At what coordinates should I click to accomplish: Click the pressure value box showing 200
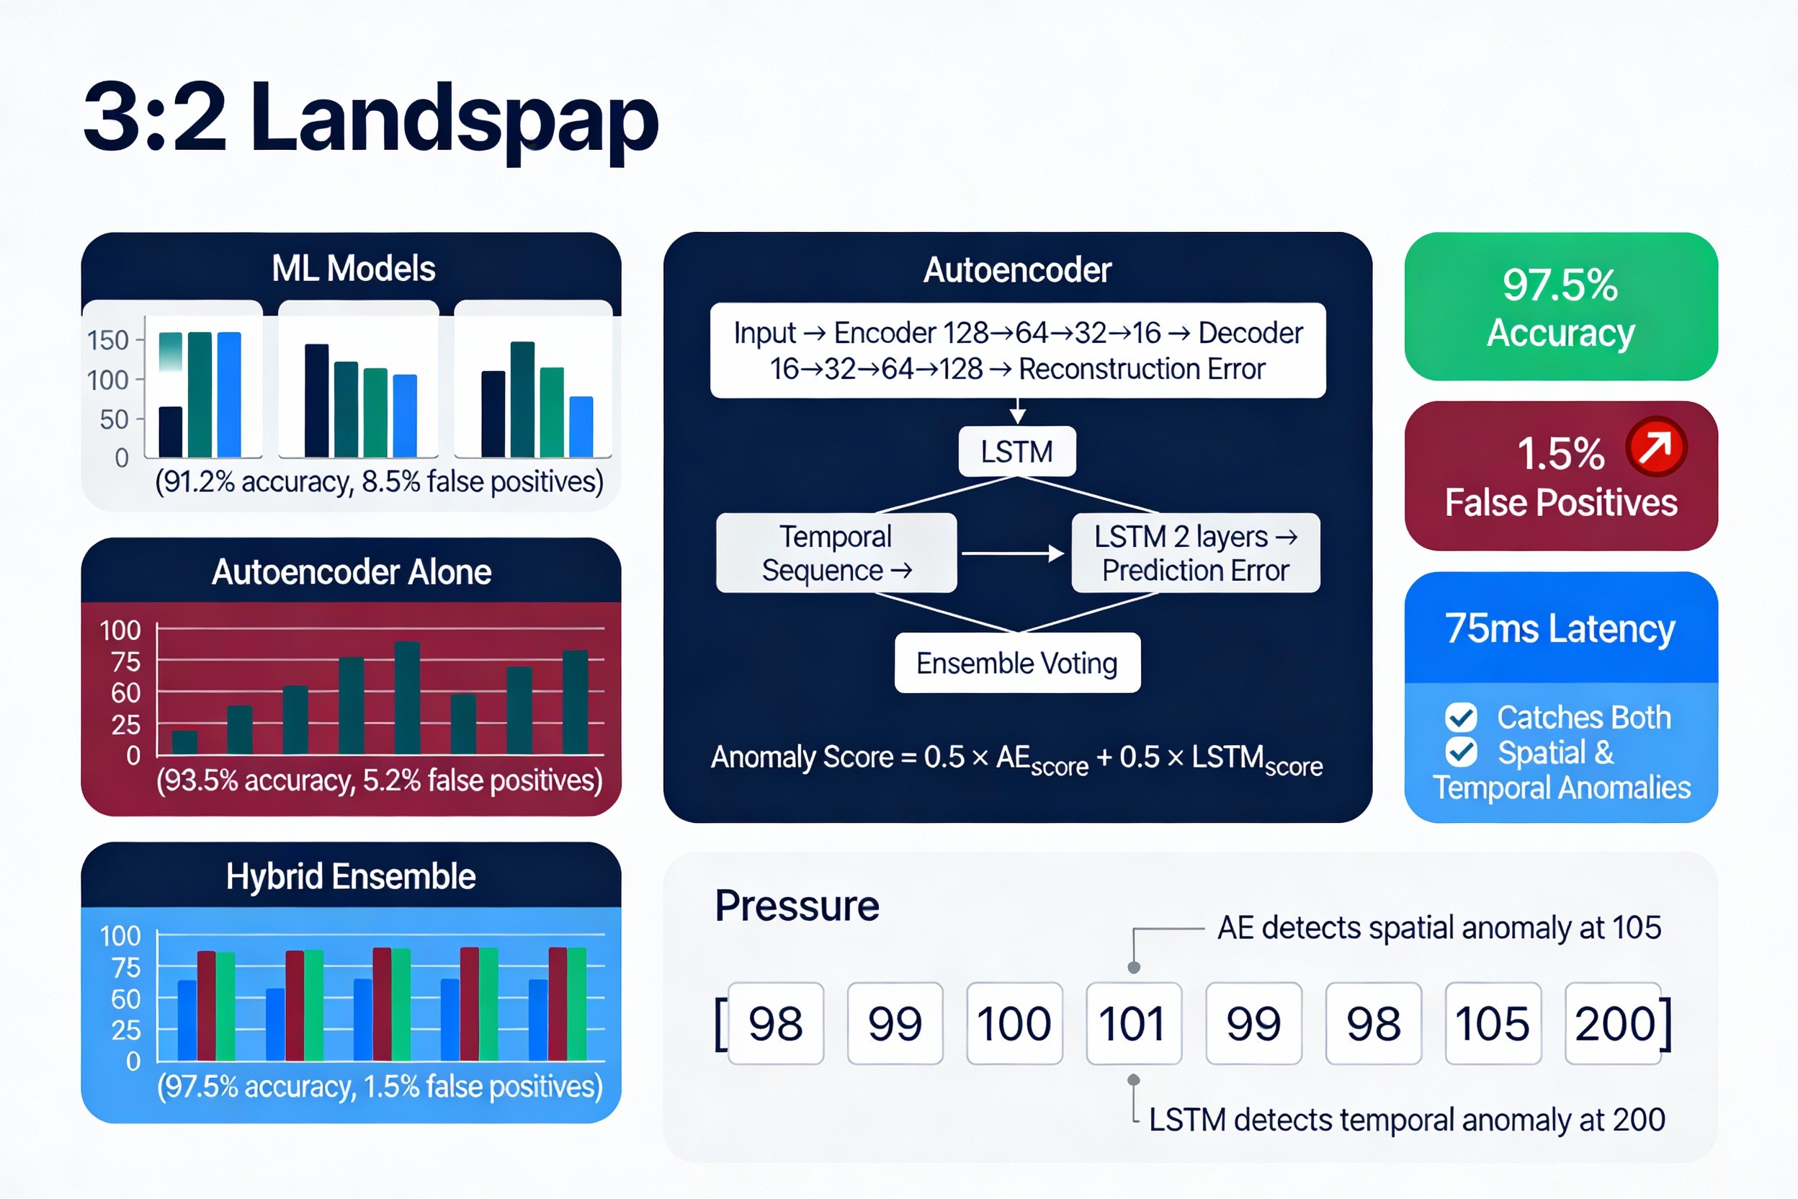1613,1023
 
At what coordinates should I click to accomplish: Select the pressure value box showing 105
1493,1023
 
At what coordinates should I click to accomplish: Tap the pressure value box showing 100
1014,1023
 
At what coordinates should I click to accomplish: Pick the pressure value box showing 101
1134,1023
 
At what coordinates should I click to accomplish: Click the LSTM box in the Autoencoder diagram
1016,451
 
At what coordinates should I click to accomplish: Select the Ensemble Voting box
1017,663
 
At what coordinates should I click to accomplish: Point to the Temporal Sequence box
836,553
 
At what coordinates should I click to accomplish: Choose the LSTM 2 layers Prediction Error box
1196,553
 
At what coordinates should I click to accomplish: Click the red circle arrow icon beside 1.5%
1656,447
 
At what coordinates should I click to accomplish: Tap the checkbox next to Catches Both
1461,717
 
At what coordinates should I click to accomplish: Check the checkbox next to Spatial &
1461,752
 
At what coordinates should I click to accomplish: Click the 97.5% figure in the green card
1560,285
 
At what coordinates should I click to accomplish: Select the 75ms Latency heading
1560,628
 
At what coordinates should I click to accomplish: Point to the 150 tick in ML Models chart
108,340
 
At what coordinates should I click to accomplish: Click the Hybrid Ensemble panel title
351,876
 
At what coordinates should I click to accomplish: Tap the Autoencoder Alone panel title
351,572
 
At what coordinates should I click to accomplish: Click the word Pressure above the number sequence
797,906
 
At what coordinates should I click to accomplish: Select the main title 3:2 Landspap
371,118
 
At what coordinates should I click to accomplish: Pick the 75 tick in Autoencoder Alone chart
125,661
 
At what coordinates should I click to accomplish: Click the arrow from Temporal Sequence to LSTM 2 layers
1013,553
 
